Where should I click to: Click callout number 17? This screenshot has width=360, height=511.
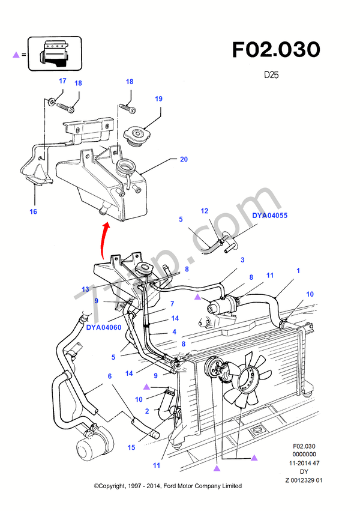[62, 80]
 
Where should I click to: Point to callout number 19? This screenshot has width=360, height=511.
[158, 98]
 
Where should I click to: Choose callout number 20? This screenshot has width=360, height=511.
[184, 159]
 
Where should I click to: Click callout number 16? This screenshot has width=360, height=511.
[34, 211]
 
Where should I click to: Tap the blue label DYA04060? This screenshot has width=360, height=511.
[104, 328]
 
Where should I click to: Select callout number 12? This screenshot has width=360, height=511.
[204, 211]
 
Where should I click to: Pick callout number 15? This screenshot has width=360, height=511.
[130, 448]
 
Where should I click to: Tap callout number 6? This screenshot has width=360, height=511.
[110, 376]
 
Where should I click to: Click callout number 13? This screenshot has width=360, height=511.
[85, 289]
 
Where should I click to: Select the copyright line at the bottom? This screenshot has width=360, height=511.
[168, 486]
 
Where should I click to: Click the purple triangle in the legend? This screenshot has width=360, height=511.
[16, 55]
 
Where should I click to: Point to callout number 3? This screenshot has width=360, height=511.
[242, 260]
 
